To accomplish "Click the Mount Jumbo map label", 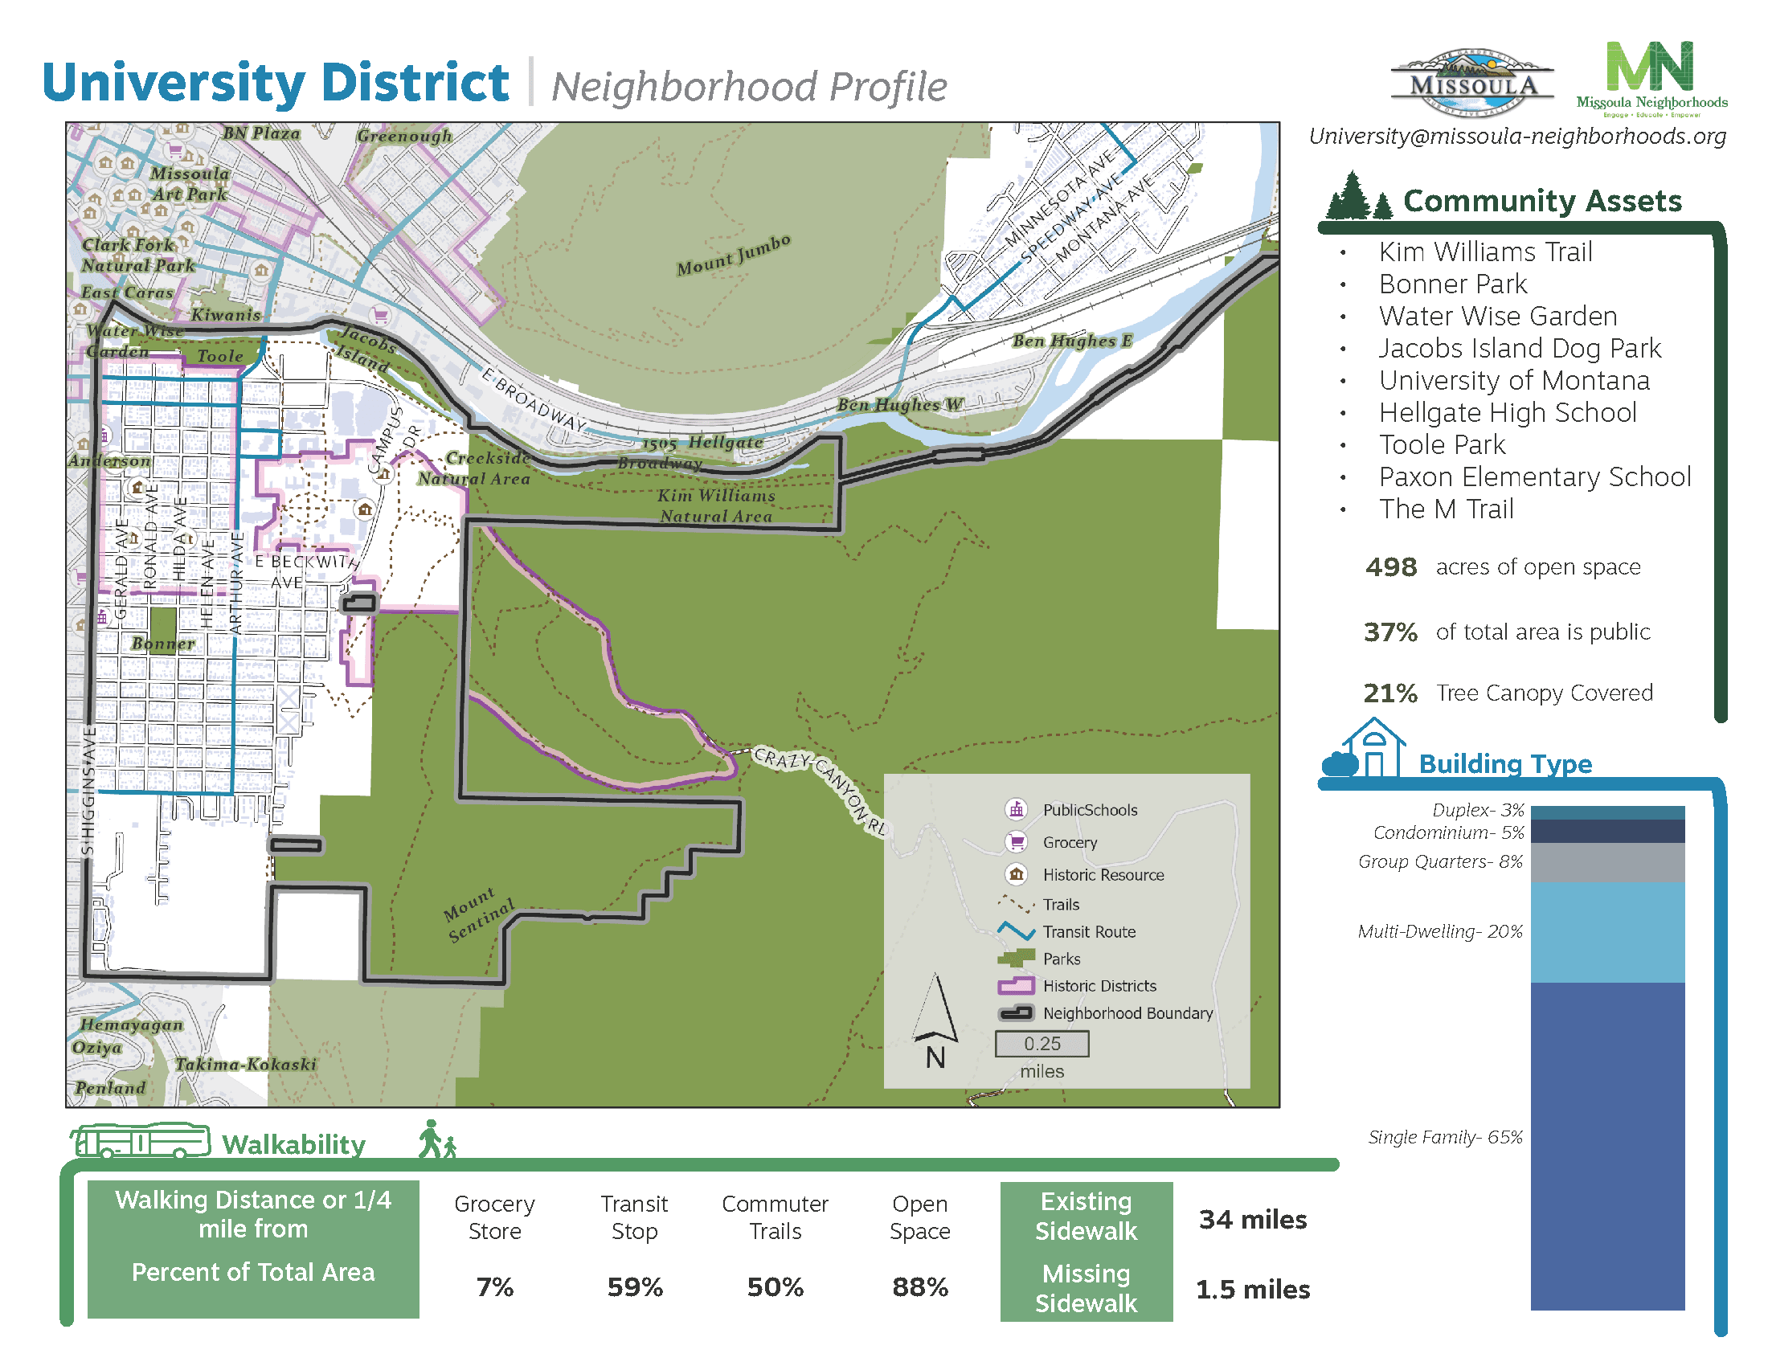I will [x=733, y=255].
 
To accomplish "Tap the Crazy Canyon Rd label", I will [x=819, y=789].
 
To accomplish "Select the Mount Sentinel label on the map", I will [x=479, y=914].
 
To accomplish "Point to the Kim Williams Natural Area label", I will [x=715, y=505].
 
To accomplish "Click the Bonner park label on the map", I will [x=162, y=644].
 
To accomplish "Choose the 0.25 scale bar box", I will [x=1041, y=1044].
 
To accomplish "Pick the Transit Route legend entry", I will [x=1088, y=931].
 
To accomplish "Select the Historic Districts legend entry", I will [x=1099, y=986].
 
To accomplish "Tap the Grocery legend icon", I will [x=1016, y=841].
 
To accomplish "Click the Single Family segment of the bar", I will [x=1607, y=1145].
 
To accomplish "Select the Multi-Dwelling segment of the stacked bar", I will [x=1607, y=931].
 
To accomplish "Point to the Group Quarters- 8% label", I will [x=1440, y=862].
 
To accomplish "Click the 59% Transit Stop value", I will [x=635, y=1286].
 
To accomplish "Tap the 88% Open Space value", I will [x=919, y=1286].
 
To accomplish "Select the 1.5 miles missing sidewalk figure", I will [x=1252, y=1289].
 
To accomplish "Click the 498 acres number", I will [x=1391, y=567].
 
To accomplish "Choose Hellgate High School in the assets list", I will [x=1508, y=413].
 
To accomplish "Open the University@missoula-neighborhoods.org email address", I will [x=1517, y=136].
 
